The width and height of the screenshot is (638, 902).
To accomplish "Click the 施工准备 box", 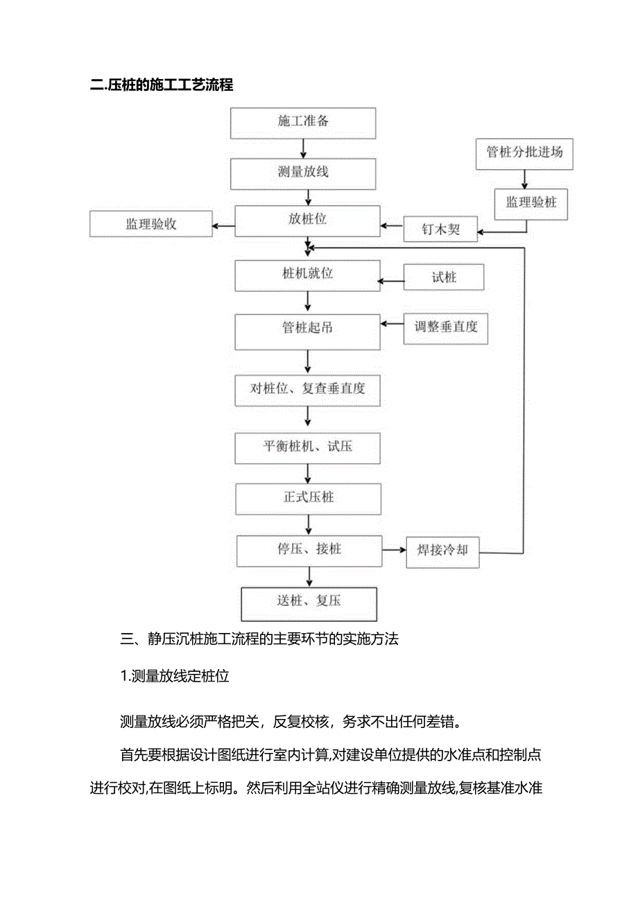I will pyautogui.click(x=303, y=123).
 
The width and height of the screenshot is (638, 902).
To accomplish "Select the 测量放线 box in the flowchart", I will pyautogui.click(x=303, y=173).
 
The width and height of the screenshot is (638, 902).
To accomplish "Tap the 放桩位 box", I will pyautogui.click(x=308, y=221).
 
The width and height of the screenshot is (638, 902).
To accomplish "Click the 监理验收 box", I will pyautogui.click(x=151, y=224).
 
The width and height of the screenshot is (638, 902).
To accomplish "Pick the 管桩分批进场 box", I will pyautogui.click(x=524, y=153).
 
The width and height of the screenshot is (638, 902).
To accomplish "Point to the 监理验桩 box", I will pyautogui.click(x=531, y=204).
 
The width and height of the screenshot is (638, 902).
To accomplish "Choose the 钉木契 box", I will pyautogui.click(x=441, y=229).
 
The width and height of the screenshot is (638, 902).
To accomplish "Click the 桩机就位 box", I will pyautogui.click(x=308, y=275).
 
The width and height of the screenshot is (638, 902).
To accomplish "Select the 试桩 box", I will pyautogui.click(x=445, y=278).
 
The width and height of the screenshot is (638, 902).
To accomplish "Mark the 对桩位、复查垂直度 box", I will pyautogui.click(x=308, y=389).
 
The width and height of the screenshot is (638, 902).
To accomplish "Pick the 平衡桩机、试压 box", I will pyautogui.click(x=308, y=447).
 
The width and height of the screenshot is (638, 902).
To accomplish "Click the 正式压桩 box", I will pyautogui.click(x=308, y=499).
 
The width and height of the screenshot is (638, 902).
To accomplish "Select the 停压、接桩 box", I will pyautogui.click(x=309, y=550).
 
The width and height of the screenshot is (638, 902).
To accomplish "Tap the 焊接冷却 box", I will pyautogui.click(x=442, y=551).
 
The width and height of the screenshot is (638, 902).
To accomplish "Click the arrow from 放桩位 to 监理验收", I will pyautogui.click(x=224, y=225).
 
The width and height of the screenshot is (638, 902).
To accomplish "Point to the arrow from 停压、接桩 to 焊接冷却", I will pyautogui.click(x=394, y=550).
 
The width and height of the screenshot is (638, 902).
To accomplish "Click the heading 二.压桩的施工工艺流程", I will pyautogui.click(x=161, y=85).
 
